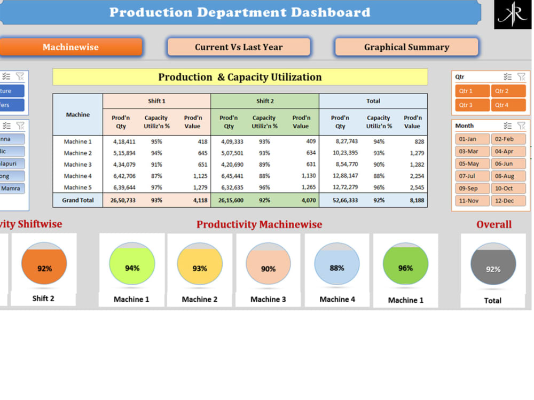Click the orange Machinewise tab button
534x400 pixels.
coord(70,47)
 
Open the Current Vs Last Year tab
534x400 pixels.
coord(239,47)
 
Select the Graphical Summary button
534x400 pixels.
coord(406,47)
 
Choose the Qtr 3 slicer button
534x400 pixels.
coord(472,105)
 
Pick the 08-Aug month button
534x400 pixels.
coord(508,176)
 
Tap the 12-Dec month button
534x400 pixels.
coord(508,201)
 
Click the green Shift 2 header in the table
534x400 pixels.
coord(265,101)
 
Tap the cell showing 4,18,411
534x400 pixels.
coord(124,142)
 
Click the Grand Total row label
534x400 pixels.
coord(77,200)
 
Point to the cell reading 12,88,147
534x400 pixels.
coord(345,176)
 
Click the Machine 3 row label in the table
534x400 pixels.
coord(77,164)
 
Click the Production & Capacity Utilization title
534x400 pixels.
coord(240,77)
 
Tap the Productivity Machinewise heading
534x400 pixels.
coord(259,224)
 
